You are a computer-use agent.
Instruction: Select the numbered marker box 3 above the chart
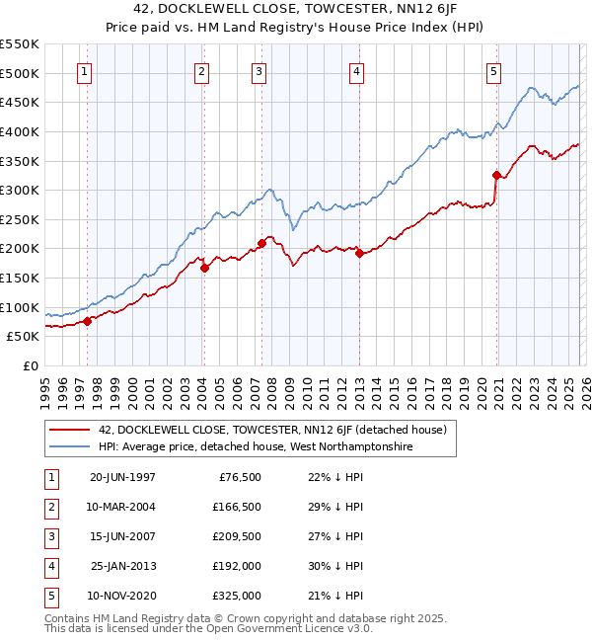[259, 71]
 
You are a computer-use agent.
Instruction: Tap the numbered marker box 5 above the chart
[493, 71]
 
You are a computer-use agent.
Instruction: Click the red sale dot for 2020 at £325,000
[496, 175]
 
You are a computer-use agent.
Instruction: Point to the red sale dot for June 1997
[87, 320]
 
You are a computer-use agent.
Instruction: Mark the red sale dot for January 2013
[359, 253]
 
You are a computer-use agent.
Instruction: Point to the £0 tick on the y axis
[31, 365]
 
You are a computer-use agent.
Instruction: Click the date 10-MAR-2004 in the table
[122, 507]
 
